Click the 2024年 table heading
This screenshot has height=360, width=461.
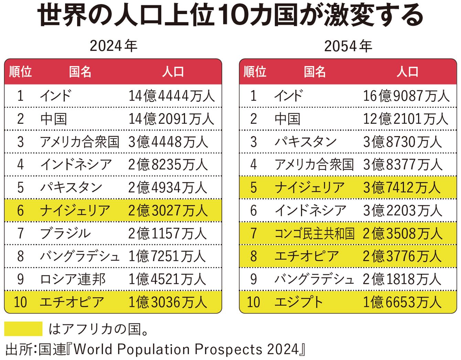tap(113, 46)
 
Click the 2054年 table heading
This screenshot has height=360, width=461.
tap(348, 46)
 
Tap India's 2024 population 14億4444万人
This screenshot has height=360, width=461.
tap(171, 96)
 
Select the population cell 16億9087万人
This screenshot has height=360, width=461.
tap(406, 96)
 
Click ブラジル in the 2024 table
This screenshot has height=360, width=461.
tap(65, 233)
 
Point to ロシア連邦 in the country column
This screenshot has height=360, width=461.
tap(73, 279)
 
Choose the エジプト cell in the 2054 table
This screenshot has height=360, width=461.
tap(299, 302)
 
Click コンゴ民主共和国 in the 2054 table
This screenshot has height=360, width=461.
tap(314, 233)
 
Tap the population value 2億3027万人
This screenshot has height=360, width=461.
tap(168, 210)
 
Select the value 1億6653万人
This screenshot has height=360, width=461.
tap(402, 302)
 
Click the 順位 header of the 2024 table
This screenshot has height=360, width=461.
tap(20, 72)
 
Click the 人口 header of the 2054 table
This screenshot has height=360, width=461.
tap(408, 72)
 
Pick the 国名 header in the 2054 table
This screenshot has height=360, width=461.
tap(314, 72)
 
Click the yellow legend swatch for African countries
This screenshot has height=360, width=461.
tap(23, 329)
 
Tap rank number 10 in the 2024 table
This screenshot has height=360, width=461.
tap(20, 302)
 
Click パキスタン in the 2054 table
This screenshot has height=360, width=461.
tap(305, 141)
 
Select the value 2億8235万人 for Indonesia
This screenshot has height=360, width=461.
tap(168, 165)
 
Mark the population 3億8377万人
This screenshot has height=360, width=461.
tap(402, 165)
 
